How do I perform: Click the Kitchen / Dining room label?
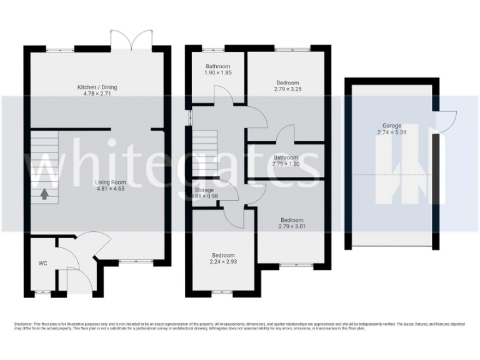97,87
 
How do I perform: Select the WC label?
42,263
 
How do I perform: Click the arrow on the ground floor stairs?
44,194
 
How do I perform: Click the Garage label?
392,126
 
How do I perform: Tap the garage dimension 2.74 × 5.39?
392,132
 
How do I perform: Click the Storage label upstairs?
204,189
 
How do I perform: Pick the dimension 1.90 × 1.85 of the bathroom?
218,73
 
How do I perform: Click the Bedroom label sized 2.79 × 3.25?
287,82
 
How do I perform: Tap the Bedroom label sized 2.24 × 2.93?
223,255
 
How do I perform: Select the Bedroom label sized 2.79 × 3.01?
292,220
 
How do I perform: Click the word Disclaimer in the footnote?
24,324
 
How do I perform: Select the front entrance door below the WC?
75,279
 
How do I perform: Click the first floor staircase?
204,153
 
